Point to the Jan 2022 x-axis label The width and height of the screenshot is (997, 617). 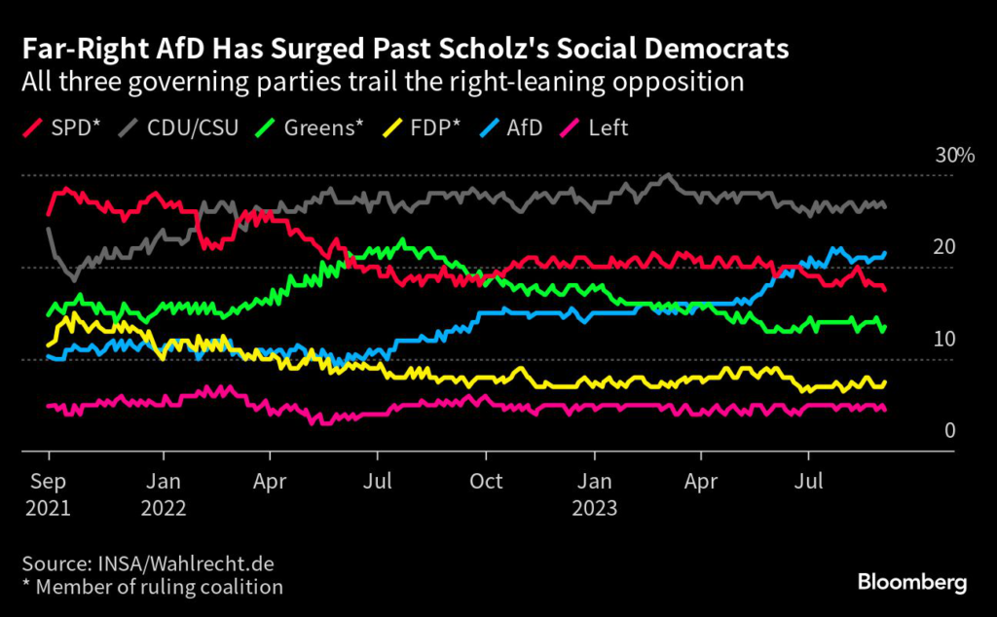coord(162,493)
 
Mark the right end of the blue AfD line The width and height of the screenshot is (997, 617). coord(884,254)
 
